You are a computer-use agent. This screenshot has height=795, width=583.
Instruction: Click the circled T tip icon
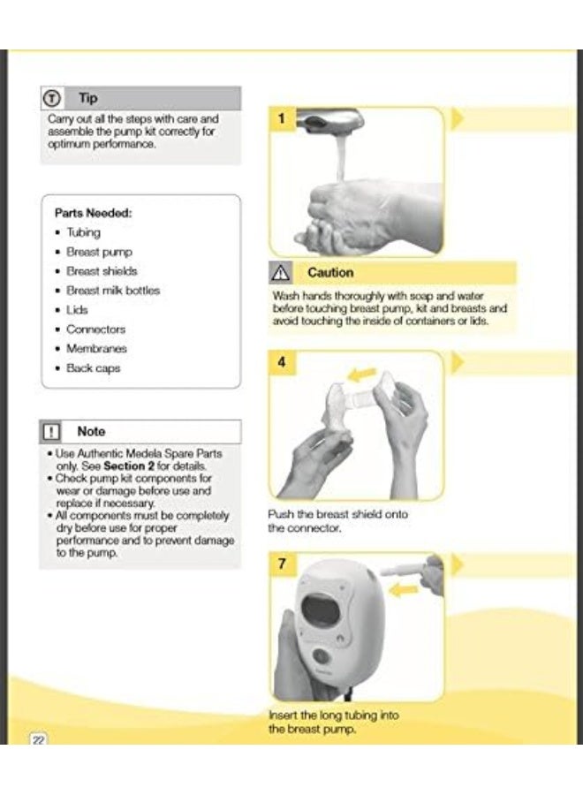pyautogui.click(x=52, y=98)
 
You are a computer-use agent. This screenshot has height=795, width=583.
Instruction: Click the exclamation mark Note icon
pyautogui.click(x=51, y=432)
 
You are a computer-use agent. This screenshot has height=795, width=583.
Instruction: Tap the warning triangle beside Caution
pyautogui.click(x=281, y=273)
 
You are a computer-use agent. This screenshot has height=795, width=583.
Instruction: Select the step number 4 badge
pyautogui.click(x=282, y=362)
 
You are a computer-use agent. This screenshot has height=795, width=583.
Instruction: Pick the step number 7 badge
pyautogui.click(x=282, y=564)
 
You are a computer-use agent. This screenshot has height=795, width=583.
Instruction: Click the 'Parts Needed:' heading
pyautogui.click(x=93, y=213)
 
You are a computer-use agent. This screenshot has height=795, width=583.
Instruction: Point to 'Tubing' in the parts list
pyautogui.click(x=84, y=232)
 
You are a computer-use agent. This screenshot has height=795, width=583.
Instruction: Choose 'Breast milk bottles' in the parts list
pyautogui.click(x=113, y=291)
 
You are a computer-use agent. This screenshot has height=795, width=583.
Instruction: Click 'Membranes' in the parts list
pyautogui.click(x=96, y=349)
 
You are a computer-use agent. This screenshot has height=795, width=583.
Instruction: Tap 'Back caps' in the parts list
pyautogui.click(x=93, y=368)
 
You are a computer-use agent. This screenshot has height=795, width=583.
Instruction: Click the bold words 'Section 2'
pyautogui.click(x=128, y=466)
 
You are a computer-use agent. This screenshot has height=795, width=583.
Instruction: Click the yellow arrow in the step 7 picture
pyautogui.click(x=405, y=589)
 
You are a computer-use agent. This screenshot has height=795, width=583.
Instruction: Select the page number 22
pyautogui.click(x=38, y=740)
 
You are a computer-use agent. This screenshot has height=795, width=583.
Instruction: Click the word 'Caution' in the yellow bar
pyautogui.click(x=330, y=273)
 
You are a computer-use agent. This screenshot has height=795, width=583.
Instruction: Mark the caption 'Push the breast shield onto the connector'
pyautogui.click(x=337, y=520)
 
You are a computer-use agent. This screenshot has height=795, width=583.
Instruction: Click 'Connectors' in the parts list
pyautogui.click(x=95, y=329)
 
